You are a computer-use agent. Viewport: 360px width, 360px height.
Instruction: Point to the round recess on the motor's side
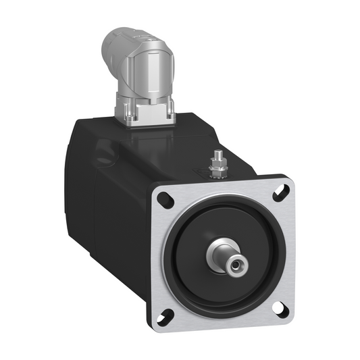point(105,151)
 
